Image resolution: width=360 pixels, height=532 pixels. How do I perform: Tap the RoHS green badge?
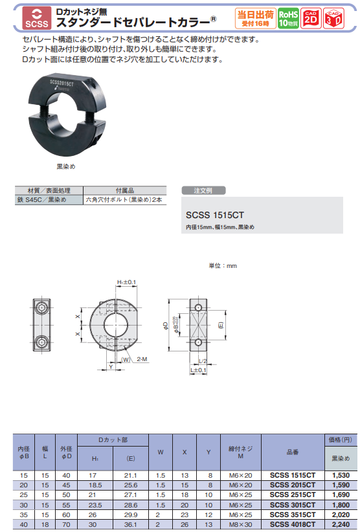click(288, 17)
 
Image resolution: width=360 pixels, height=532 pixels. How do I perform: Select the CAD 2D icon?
click(311, 17)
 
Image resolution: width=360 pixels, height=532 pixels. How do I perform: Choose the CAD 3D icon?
click(334, 17)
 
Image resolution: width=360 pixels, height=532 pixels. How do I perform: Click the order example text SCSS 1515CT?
click(214, 214)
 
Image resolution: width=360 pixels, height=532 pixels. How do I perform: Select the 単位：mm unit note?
click(222, 265)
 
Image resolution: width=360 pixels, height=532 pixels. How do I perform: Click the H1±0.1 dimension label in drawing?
click(126, 283)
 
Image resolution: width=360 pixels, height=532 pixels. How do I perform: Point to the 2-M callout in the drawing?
click(141, 358)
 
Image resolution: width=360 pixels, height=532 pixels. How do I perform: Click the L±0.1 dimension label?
click(198, 370)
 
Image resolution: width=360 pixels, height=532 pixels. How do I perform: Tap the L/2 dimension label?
click(203, 360)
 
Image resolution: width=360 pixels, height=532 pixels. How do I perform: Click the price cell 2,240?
click(340, 524)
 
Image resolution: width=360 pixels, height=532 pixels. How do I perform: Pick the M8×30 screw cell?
click(240, 524)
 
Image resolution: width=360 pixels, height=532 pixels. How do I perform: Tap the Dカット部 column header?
click(113, 440)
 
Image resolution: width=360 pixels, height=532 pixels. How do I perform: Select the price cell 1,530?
click(340, 475)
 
